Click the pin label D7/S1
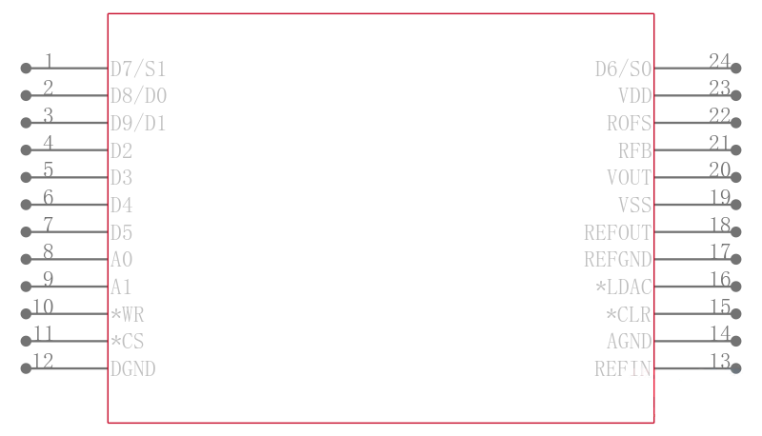(138, 69)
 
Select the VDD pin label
(634, 96)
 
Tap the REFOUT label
(617, 232)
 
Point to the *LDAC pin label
(624, 287)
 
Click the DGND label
(132, 369)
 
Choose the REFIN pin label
(623, 369)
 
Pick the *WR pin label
(128, 314)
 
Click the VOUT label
(630, 178)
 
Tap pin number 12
(43, 361)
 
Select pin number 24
(719, 61)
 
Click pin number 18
(720, 225)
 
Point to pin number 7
(49, 225)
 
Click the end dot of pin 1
(26, 69)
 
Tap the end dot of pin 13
(736, 368)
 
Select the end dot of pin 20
(736, 178)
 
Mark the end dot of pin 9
(26, 287)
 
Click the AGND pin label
(630, 342)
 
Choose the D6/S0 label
(624, 69)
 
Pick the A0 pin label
(122, 260)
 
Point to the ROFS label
(630, 124)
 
